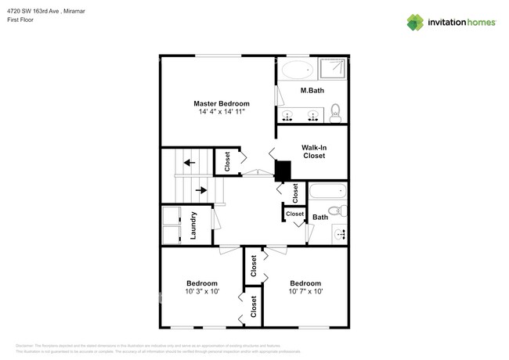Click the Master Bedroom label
pyautogui.click(x=222, y=103)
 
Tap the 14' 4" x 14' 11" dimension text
pyautogui.click(x=222, y=113)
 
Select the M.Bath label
pyautogui.click(x=312, y=91)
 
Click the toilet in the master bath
pyautogui.click(x=335, y=112)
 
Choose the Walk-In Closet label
pyautogui.click(x=313, y=151)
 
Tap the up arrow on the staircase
pyautogui.click(x=189, y=163)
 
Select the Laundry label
pyautogui.click(x=193, y=225)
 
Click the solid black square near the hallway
pyautogui.click(x=283, y=171)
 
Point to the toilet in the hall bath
pyautogui.click(x=335, y=211)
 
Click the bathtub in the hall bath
pyautogui.click(x=327, y=191)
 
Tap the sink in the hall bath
pyautogui.click(x=340, y=233)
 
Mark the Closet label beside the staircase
pyautogui.click(x=227, y=161)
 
